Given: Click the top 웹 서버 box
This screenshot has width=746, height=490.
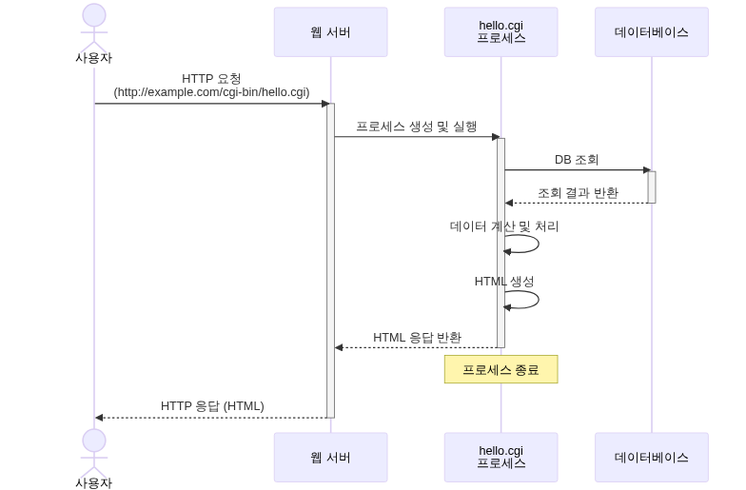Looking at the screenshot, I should pos(330,32).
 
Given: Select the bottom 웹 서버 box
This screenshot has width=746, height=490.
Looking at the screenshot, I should pos(330,457).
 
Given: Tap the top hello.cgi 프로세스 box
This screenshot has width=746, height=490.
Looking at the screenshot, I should pos(501,32).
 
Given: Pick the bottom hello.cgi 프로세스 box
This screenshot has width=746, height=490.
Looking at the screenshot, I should pos(501,457).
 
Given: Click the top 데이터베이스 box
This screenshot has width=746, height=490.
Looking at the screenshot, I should pos(652,32).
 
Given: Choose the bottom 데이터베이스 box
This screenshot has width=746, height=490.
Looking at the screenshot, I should pos(652,457).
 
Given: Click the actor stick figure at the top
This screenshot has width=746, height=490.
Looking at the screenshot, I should pos(93,29).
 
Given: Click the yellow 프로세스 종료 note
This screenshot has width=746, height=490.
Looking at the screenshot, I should pos(501,370).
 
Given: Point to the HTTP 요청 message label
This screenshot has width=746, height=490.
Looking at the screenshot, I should pos(211,78).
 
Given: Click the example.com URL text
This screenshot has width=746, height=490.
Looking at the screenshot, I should pos(211,92).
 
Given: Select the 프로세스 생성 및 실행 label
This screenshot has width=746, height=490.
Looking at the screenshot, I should pos(416,126).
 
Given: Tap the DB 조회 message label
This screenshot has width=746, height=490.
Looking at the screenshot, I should pos(577,160).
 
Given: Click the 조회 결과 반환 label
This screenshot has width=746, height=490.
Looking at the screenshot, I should pos(578,192).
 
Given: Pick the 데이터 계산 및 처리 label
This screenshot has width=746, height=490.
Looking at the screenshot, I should pos(503,226).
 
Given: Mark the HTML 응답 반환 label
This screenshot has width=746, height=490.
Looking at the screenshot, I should pos(417,337).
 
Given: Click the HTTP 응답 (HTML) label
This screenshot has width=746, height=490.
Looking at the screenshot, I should pos(212,405).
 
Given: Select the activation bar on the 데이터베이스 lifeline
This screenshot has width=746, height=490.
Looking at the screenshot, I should pos(652,186).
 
